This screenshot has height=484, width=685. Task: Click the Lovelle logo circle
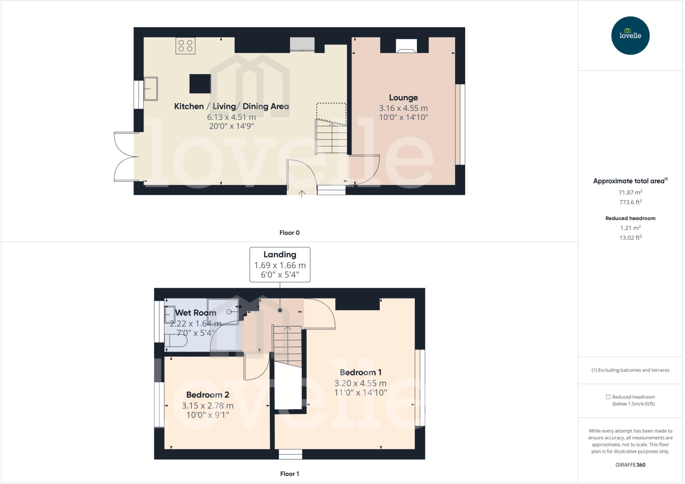click(x=630, y=35)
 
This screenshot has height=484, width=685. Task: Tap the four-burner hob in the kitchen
click(x=185, y=46)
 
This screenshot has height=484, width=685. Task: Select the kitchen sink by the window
click(x=151, y=89)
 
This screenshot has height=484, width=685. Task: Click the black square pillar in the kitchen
click(x=200, y=84)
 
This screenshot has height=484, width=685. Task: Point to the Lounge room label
click(x=403, y=98)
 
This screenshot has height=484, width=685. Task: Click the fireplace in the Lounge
click(x=406, y=46)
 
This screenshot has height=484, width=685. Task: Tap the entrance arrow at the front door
click(x=302, y=193)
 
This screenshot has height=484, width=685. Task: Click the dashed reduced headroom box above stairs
click(x=331, y=112)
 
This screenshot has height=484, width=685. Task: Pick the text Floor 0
click(x=289, y=233)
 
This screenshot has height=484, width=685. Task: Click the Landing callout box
click(x=280, y=265)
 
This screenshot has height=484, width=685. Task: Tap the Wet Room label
click(x=196, y=313)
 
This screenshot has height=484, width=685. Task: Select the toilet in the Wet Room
click(x=176, y=341)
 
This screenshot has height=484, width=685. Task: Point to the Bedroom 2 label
click(x=207, y=395)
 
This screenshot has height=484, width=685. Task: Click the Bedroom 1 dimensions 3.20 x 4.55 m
click(x=360, y=383)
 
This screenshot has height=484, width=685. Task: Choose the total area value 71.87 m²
click(x=630, y=192)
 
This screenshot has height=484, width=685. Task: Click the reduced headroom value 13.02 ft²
click(x=630, y=238)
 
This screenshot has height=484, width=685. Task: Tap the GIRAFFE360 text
click(x=630, y=465)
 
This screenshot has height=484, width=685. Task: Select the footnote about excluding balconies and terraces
click(x=630, y=370)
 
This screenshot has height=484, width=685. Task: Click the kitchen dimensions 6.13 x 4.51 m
click(x=231, y=117)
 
